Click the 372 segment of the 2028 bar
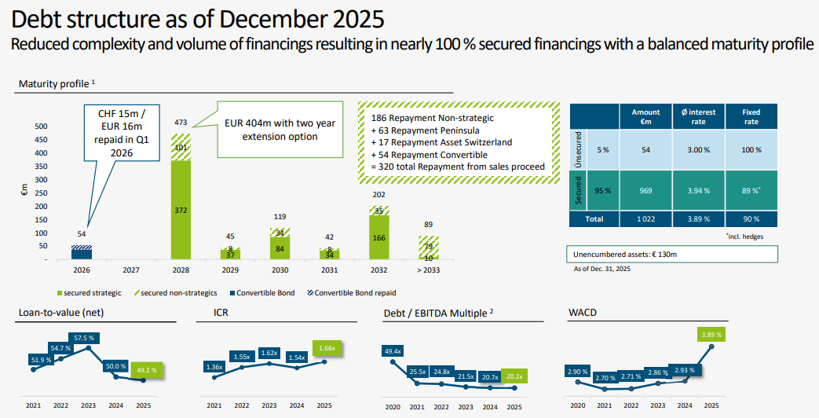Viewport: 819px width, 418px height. [x=181, y=210]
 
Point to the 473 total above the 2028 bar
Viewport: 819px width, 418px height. [x=181, y=123]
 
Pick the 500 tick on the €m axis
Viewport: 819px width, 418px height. [x=41, y=126]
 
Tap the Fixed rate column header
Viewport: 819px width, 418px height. [x=751, y=117]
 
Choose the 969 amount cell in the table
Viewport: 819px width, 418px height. [x=646, y=191]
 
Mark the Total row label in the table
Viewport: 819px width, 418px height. [x=594, y=219]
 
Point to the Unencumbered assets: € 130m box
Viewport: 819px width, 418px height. [x=671, y=254]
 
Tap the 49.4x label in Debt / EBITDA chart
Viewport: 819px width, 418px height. [x=393, y=350]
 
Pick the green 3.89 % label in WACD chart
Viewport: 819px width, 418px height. [x=709, y=335]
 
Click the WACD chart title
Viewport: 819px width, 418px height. [x=582, y=313]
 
